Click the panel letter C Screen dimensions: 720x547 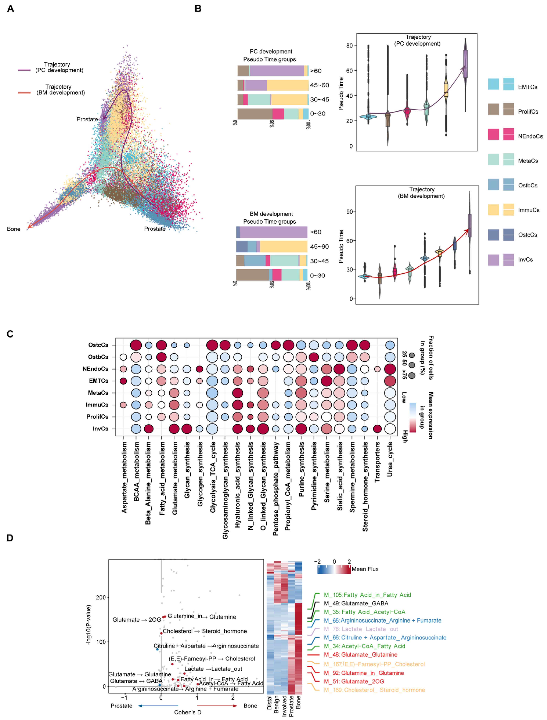[10, 334]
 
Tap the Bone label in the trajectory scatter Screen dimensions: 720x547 [14, 229]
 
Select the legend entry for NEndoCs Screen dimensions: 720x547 [530, 136]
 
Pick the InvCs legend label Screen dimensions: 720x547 [525, 260]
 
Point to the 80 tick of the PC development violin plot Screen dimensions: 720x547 [349, 46]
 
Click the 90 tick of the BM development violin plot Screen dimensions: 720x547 [349, 211]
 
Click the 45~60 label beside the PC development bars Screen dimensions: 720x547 [319, 85]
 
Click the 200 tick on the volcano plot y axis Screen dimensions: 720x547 [101, 597]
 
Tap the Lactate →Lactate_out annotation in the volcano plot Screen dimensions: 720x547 [213, 669]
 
